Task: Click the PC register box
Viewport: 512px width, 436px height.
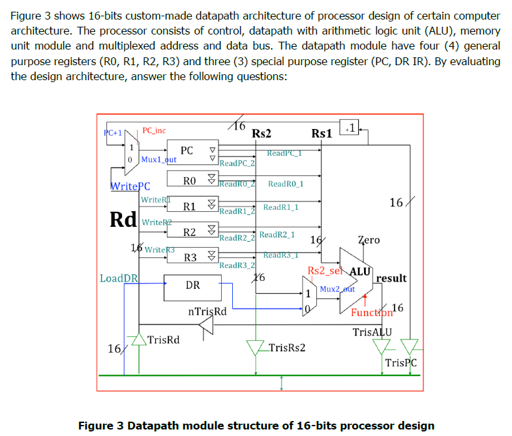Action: (x=187, y=151)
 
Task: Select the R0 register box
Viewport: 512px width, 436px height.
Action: (x=190, y=180)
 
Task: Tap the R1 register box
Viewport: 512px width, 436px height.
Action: (x=190, y=206)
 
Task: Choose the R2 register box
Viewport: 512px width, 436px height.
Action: (x=190, y=232)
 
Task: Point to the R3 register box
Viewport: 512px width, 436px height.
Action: (x=190, y=257)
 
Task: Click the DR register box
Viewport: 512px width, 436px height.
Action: (x=192, y=285)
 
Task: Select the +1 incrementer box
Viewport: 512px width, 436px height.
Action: (x=351, y=128)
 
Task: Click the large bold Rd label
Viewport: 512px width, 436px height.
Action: (x=124, y=219)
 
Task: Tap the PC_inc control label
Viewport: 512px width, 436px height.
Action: (x=154, y=131)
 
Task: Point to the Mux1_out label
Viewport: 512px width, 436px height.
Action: (x=158, y=159)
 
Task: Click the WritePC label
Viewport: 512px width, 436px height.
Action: (x=130, y=186)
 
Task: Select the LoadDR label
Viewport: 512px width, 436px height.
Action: (x=119, y=278)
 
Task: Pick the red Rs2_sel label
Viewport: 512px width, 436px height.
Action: (x=325, y=270)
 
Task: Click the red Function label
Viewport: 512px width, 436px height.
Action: (x=372, y=312)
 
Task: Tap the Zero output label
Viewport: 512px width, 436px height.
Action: (x=369, y=240)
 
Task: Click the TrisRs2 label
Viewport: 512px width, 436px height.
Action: (x=287, y=347)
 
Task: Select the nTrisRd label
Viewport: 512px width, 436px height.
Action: (x=207, y=311)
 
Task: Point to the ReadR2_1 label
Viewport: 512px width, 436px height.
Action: (x=277, y=234)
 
